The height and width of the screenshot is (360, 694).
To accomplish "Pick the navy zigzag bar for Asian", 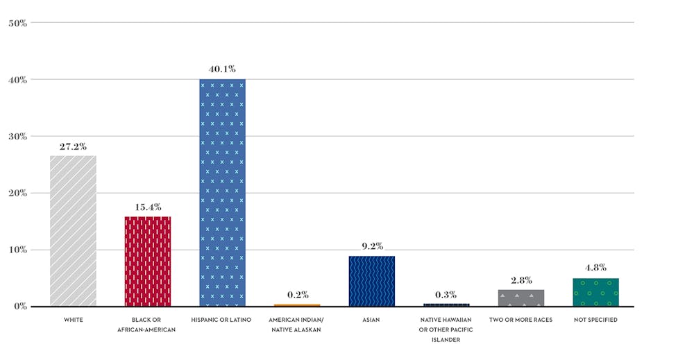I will pyautogui.click(x=371, y=281).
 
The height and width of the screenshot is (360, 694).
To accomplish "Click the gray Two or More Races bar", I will pyautogui.click(x=520, y=298).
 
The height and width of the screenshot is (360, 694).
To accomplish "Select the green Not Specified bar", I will pyautogui.click(x=595, y=292).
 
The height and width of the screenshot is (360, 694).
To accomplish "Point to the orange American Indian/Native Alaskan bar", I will pyautogui.click(x=297, y=305).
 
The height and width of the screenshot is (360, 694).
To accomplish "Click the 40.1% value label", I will pyautogui.click(x=222, y=69).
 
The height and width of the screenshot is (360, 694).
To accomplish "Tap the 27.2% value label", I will pyautogui.click(x=73, y=146).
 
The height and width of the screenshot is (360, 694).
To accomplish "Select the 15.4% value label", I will pyautogui.click(x=148, y=207).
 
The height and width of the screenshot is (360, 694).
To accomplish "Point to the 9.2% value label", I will pyautogui.click(x=371, y=246).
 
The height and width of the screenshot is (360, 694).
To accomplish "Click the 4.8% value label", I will pyautogui.click(x=595, y=268).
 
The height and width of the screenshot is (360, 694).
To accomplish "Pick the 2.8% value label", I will pyautogui.click(x=520, y=280).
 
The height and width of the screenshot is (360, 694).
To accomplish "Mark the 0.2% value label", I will pyautogui.click(x=297, y=295).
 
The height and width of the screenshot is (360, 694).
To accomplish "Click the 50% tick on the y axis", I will pyautogui.click(x=17, y=23).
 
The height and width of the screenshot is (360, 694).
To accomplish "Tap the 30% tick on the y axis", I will pyautogui.click(x=17, y=137).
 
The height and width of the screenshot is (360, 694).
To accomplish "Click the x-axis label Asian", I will pyautogui.click(x=371, y=320).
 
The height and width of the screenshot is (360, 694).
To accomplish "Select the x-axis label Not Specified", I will pyautogui.click(x=595, y=320).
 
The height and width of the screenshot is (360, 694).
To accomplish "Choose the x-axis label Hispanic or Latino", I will pyautogui.click(x=222, y=320).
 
